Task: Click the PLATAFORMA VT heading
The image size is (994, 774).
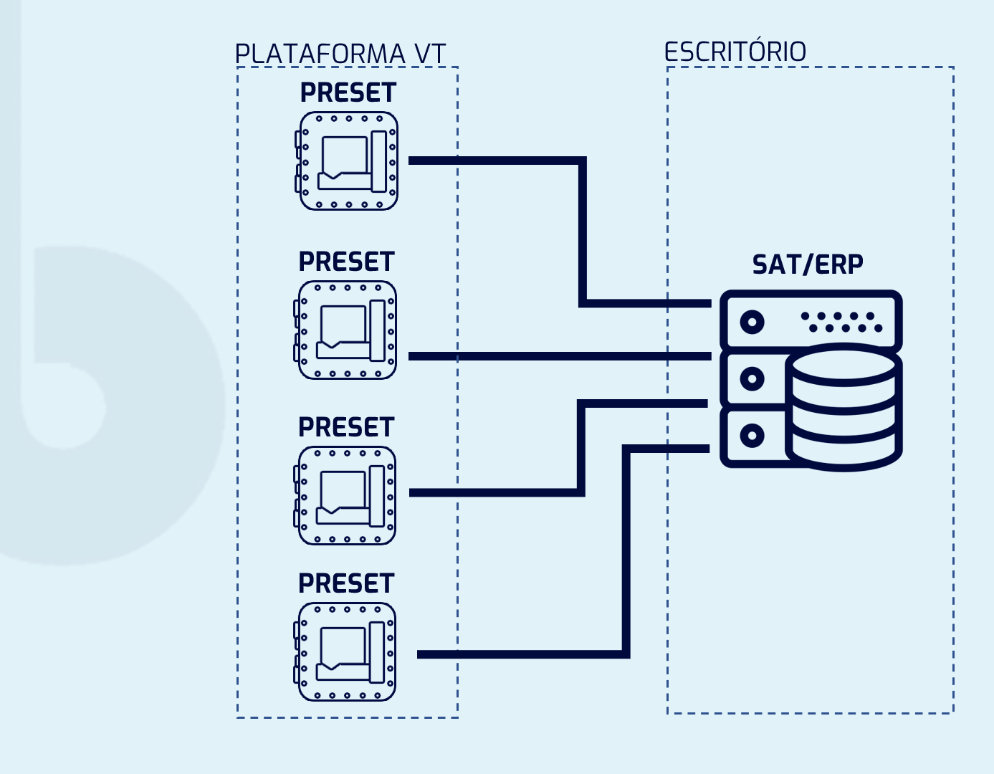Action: coord(340,54)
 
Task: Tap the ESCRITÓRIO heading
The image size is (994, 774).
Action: coord(735,52)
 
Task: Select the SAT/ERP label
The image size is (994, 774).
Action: coord(808,264)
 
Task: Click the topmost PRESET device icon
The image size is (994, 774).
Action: coord(348,161)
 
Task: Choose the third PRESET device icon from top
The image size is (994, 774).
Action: coord(346,495)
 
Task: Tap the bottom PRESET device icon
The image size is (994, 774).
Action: coord(346,651)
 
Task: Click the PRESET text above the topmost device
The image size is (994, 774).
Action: coord(348,93)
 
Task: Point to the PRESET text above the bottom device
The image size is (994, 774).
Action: coord(346,584)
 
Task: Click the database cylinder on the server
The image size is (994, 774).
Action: coord(844,406)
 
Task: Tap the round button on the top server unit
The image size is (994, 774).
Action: coord(752,322)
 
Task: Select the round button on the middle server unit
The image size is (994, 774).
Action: coord(752,378)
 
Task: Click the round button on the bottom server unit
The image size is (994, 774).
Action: coord(752,435)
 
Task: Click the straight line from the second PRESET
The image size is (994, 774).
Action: coord(559,356)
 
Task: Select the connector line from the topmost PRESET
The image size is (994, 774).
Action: coord(583,229)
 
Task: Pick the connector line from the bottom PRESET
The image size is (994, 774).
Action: coord(626,552)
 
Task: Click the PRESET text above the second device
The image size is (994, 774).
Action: coord(347,262)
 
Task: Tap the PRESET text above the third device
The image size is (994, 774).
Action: coord(346,428)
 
